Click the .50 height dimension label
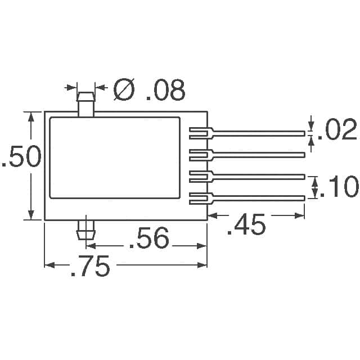click(x=21, y=156)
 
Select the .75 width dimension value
click(x=90, y=265)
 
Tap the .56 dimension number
click(x=149, y=238)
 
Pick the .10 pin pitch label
click(x=339, y=186)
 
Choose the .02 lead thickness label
click(x=337, y=129)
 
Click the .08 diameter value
click(x=165, y=90)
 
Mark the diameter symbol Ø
click(x=124, y=89)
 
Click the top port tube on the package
click(x=86, y=105)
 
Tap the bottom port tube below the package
click(x=86, y=229)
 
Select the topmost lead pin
click(x=247, y=133)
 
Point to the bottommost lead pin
click(x=247, y=198)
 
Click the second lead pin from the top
click(x=247, y=155)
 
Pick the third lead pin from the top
click(x=247, y=177)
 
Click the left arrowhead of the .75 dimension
click(x=49, y=265)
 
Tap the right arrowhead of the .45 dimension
click(x=299, y=215)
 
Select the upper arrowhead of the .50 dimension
click(x=31, y=117)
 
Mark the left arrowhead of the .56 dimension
click(x=91, y=246)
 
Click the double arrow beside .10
click(x=315, y=187)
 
